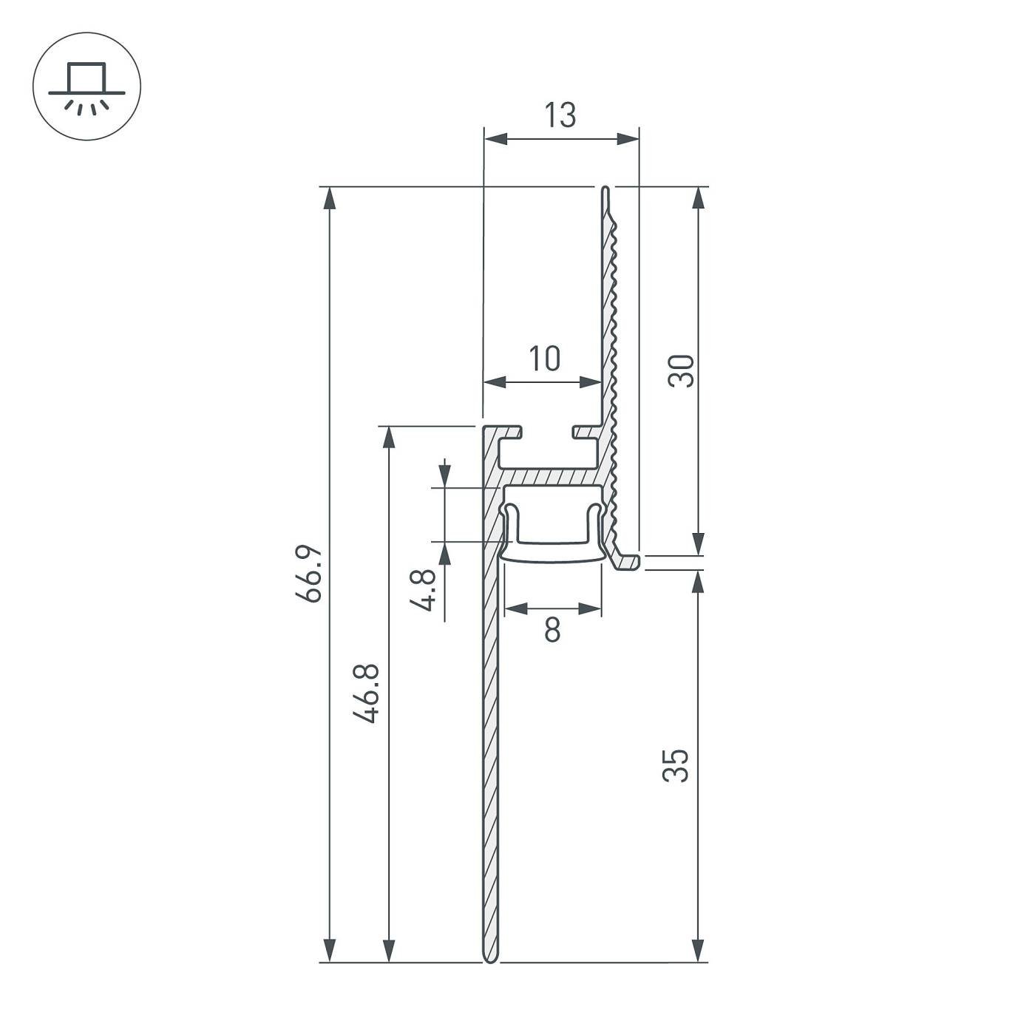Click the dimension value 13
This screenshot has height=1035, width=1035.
[560, 116]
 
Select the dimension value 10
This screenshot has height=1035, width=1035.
[544, 359]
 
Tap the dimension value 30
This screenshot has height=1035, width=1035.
[681, 371]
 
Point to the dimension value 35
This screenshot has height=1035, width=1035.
[676, 765]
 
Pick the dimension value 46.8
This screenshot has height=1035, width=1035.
[367, 693]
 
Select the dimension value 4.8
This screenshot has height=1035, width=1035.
[425, 590]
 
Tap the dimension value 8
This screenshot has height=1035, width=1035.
[552, 631]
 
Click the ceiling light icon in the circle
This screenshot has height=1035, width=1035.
[86, 86]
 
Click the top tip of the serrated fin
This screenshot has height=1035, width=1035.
[605, 191]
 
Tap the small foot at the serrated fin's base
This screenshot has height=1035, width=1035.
[628, 562]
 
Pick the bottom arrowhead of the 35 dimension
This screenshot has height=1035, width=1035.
[697, 951]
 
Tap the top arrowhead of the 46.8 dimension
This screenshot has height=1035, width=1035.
[388, 438]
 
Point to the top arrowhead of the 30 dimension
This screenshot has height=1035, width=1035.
[697, 198]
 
